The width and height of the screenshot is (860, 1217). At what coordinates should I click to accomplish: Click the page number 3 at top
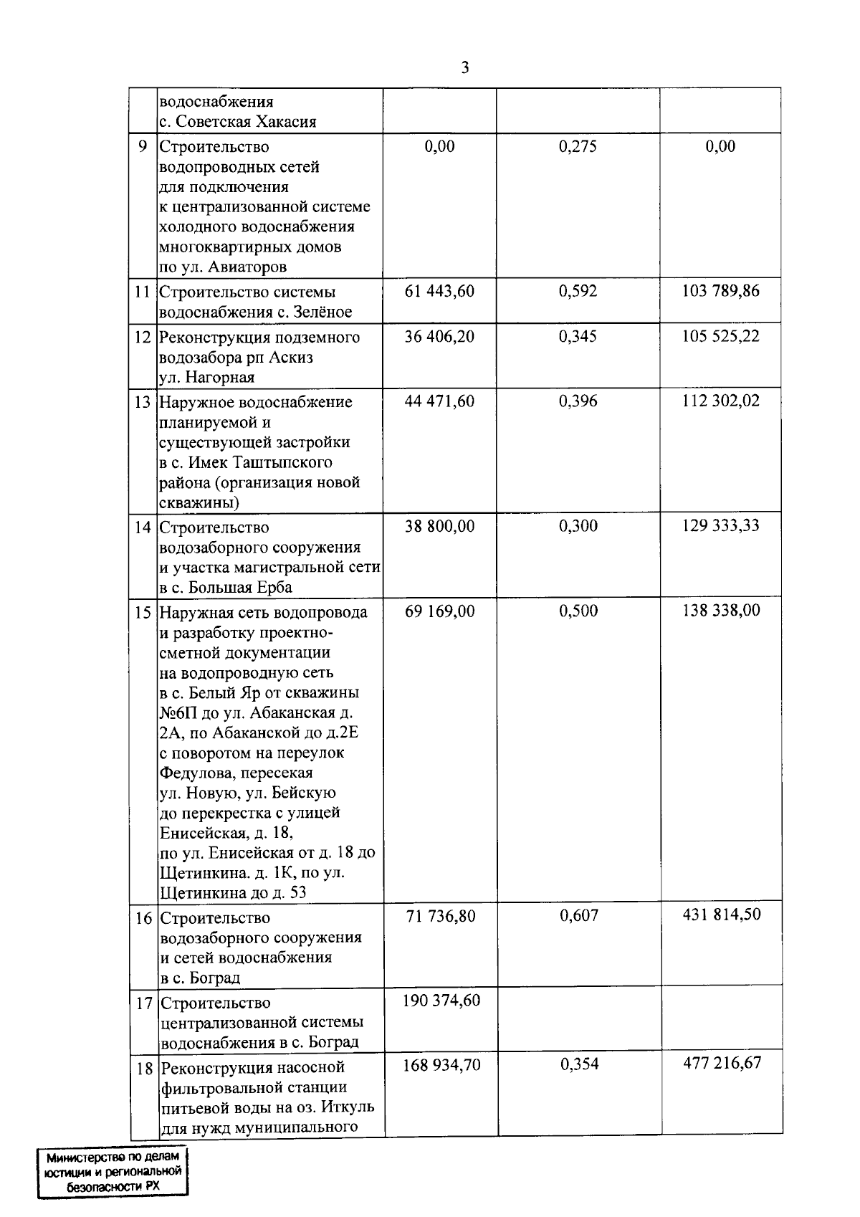(465, 68)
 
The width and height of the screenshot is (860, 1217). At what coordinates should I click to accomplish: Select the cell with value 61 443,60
(439, 291)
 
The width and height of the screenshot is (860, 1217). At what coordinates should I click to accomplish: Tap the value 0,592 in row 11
(578, 291)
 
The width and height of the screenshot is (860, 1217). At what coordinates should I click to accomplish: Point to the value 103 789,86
(720, 291)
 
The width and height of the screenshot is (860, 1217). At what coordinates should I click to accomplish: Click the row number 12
(143, 337)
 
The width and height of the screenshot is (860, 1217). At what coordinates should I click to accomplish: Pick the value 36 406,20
(439, 336)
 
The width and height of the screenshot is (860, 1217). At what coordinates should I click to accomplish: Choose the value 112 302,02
(720, 401)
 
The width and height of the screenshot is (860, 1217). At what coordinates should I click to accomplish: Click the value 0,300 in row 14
(578, 526)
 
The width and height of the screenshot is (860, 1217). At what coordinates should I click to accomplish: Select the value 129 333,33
(720, 526)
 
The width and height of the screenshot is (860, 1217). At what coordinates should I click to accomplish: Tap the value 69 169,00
(439, 611)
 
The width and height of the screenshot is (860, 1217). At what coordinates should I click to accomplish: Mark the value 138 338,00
(720, 611)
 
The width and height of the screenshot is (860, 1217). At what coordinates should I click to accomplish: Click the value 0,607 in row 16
(578, 916)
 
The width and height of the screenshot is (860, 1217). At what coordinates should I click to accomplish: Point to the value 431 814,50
(721, 915)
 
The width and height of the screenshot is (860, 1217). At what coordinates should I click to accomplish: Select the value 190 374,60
(441, 1001)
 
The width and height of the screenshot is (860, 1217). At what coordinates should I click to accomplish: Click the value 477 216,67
(721, 1064)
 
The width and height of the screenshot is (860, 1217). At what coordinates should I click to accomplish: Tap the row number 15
(143, 613)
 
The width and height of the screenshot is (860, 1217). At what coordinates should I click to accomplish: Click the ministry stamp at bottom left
(113, 1173)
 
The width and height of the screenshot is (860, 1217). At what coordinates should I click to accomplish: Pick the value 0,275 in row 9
(578, 147)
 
